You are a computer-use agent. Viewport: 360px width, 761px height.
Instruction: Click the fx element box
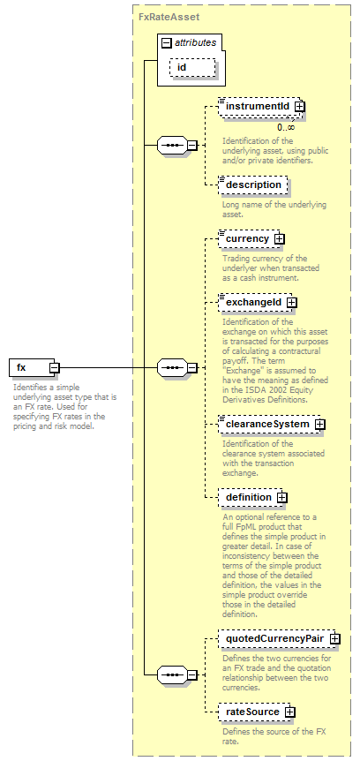pos(34,367)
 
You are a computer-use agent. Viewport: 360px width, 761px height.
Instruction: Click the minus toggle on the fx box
pos(55,367)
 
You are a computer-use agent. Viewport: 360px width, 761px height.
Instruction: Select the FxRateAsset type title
pos(169,17)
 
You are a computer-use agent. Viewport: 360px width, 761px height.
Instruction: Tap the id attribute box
pos(192,67)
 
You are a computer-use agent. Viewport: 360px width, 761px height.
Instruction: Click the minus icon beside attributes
pos(167,42)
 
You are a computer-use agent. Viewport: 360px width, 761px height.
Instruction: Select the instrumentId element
pos(261,106)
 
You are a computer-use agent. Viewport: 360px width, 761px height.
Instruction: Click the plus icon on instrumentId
pos(299,106)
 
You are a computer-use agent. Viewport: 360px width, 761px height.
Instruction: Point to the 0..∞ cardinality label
pos(286,127)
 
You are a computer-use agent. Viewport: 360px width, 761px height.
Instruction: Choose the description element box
pos(253,185)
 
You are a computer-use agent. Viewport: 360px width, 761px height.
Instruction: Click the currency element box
pos(251,238)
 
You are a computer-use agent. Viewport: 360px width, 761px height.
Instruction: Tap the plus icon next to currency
pos(280,238)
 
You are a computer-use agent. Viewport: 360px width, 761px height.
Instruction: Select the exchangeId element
pos(258,302)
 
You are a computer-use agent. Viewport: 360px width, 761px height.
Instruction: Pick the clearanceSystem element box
pos(272,424)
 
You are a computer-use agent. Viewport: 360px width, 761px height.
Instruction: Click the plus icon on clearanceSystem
pos(319,424)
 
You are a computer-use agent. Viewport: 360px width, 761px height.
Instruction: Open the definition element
pos(252,497)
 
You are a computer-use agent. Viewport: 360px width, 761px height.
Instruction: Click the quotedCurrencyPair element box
pos(279,639)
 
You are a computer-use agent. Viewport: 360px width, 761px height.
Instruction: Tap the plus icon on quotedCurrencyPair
pos(334,639)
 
